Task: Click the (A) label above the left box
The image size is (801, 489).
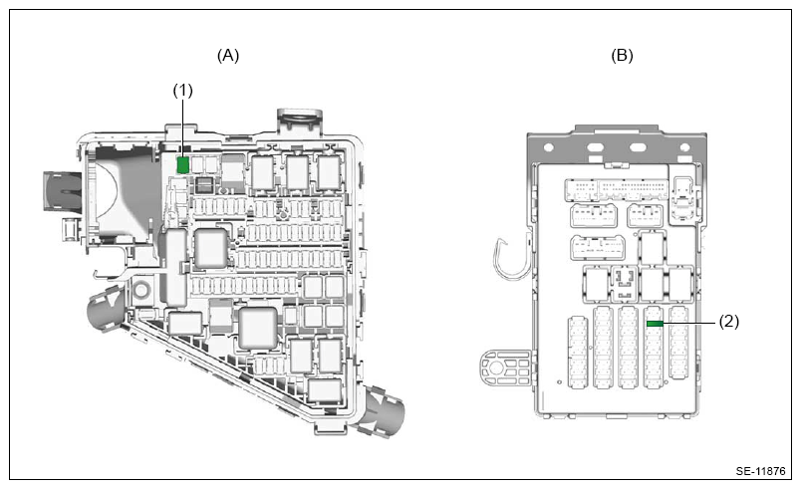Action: [228, 55]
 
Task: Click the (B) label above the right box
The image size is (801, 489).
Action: [622, 55]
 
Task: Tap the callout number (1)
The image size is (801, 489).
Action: [183, 91]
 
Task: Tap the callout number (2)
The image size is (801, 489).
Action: [729, 321]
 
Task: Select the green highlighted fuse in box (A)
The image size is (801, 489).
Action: [183, 165]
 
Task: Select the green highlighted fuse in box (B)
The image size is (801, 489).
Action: [655, 324]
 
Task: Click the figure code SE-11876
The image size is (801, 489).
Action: [760, 471]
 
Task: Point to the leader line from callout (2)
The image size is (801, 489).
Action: [689, 323]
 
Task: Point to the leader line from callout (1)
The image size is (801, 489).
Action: [183, 128]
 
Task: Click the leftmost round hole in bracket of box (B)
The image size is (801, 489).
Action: [549, 148]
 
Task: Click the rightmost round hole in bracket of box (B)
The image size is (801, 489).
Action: [684, 148]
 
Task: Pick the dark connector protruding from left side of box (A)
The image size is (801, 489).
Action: [62, 191]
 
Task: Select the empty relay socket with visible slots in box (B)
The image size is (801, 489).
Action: [624, 284]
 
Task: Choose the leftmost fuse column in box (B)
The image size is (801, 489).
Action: [577, 354]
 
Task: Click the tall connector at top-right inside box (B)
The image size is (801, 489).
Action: [683, 199]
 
